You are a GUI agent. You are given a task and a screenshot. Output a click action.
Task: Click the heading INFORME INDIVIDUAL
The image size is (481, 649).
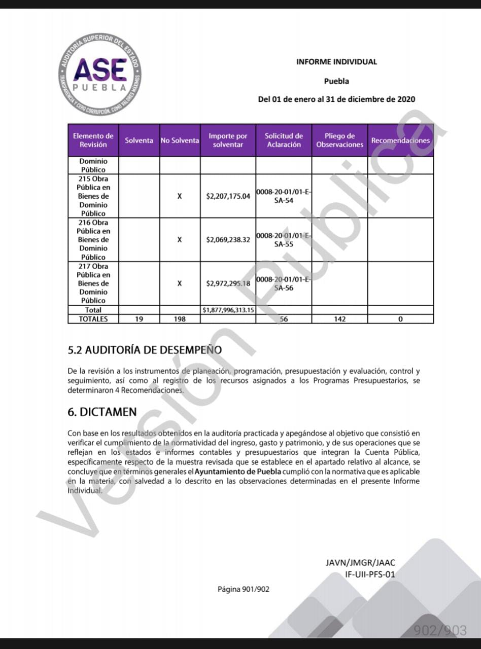(x=336, y=62)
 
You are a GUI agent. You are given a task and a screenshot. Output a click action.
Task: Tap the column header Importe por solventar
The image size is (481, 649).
(x=228, y=140)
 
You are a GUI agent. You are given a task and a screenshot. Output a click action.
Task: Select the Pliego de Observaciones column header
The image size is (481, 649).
(x=339, y=140)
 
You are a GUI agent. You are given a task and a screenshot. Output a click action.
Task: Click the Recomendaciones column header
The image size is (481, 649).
(x=400, y=140)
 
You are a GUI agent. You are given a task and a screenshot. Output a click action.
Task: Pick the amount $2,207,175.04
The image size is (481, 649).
(x=228, y=196)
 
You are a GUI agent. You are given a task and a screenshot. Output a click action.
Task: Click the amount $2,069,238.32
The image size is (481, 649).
(x=228, y=240)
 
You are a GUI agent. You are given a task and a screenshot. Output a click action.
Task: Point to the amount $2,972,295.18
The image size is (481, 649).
(x=228, y=283)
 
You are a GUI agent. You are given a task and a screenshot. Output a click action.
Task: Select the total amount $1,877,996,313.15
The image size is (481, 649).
(x=228, y=310)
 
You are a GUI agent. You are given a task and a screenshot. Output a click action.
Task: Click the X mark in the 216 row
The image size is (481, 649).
(x=180, y=240)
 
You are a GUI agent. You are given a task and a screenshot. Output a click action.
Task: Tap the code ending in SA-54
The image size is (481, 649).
(x=284, y=196)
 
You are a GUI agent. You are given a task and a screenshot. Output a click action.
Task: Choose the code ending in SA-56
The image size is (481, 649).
(x=284, y=283)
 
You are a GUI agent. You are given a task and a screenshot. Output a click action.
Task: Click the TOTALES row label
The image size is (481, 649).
(x=93, y=319)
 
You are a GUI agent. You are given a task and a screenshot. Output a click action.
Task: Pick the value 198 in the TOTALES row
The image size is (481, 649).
(x=180, y=319)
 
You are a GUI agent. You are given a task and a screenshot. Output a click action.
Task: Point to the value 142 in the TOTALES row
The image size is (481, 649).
(x=339, y=319)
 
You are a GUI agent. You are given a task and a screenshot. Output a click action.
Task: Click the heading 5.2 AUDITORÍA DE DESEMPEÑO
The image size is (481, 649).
(x=145, y=350)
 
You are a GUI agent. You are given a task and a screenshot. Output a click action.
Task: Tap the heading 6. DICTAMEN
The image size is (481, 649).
(x=102, y=412)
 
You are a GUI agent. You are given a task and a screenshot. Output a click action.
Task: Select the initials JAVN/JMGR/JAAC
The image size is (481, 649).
(x=360, y=562)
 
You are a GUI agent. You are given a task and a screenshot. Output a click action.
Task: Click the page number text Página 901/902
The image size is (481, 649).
(x=244, y=589)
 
